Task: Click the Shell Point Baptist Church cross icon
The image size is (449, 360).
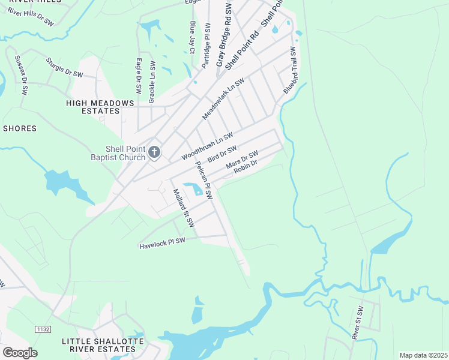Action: coord(154,152)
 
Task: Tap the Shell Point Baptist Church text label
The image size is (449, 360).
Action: coord(125,153)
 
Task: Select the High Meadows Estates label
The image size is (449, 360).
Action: coord(100,107)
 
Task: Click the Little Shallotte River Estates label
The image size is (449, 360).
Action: coord(98,344)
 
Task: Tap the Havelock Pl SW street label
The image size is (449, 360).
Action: coord(162,244)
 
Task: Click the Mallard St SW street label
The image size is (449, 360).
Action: coord(184,208)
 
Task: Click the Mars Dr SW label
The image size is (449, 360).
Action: coord(241,160)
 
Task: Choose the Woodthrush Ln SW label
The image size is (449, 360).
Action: coord(206,146)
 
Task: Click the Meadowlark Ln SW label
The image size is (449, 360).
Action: coord(223,98)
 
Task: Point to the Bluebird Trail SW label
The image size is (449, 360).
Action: coord(291,70)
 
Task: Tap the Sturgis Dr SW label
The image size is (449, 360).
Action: coord(64,67)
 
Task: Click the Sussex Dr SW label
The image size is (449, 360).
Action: coord(21,76)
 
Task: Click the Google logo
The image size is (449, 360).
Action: coord(20,352)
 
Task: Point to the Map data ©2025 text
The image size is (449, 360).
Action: coord(423,355)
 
